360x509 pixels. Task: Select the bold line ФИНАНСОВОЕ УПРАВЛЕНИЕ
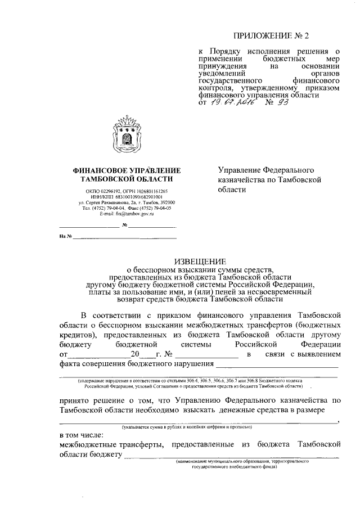pyautogui.click(x=127, y=170)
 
